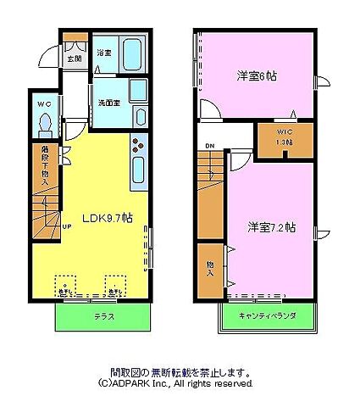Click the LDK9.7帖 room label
107,217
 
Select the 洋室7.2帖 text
271,227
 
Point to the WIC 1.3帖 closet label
285,137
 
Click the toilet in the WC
45,125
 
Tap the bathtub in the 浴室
132,56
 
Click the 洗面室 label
108,103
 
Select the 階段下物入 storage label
45,164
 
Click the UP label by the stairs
67,228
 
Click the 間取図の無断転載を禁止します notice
180,371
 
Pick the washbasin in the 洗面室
139,91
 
